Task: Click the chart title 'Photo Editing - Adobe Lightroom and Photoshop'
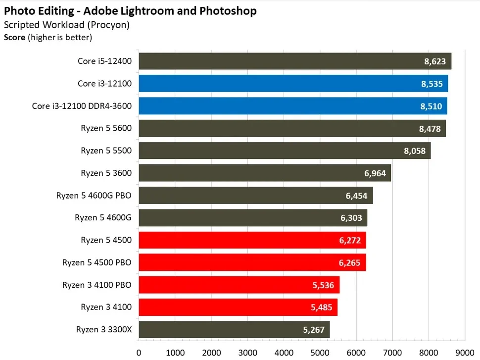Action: pos(131,10)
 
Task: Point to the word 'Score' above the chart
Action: pos(15,37)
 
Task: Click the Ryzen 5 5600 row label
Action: pos(106,128)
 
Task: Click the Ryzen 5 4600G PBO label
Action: pos(94,195)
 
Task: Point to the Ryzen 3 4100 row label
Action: pos(106,307)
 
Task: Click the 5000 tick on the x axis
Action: pos(320,353)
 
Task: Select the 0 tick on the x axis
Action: pos(139,353)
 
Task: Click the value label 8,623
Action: pos(435,61)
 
